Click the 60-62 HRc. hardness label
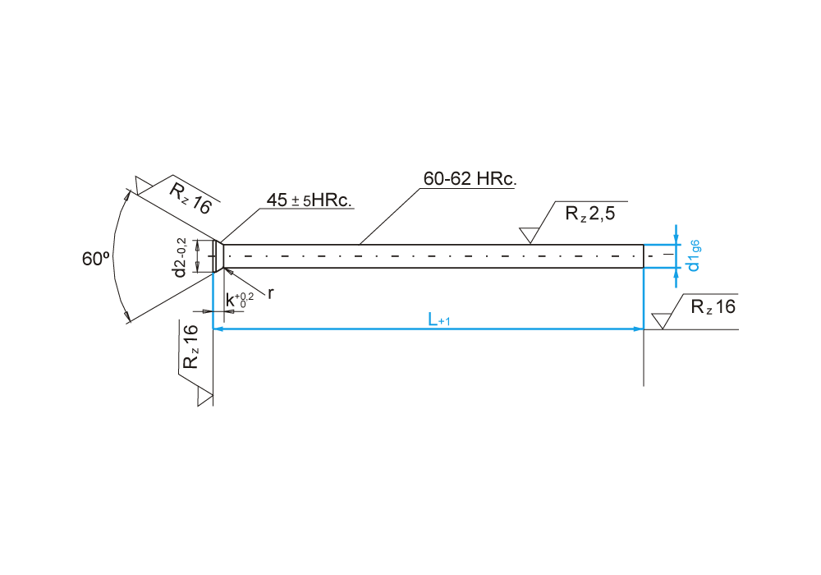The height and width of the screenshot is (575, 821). pyautogui.click(x=470, y=178)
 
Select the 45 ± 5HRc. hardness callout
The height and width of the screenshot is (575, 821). pyautogui.click(x=309, y=200)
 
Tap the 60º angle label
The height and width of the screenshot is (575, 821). pyautogui.click(x=96, y=259)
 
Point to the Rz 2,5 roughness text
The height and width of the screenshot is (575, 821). pyautogui.click(x=590, y=213)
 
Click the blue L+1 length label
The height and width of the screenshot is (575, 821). pyautogui.click(x=438, y=319)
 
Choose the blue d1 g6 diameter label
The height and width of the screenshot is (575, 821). pyautogui.click(x=693, y=255)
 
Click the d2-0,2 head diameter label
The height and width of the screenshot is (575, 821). pyautogui.click(x=180, y=257)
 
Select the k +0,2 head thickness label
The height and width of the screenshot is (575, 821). pyautogui.click(x=239, y=300)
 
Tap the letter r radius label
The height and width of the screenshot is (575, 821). pyautogui.click(x=270, y=294)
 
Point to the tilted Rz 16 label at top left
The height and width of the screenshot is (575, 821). pyautogui.click(x=190, y=199)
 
